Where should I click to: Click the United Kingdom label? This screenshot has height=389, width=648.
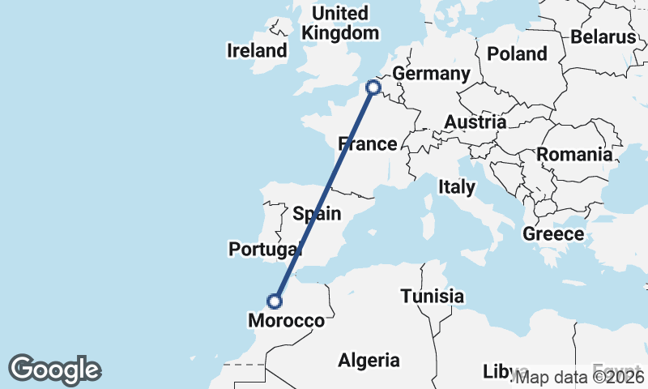(339, 24)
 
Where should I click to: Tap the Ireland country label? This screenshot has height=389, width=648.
(257, 51)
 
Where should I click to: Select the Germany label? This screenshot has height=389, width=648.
(431, 75)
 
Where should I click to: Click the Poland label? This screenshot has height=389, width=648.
(517, 54)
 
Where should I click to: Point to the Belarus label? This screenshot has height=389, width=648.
(603, 37)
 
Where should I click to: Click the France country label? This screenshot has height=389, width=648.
(368, 144)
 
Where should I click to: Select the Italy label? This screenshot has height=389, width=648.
(457, 187)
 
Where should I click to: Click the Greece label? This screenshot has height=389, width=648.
(553, 234)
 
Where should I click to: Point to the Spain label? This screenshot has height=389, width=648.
(317, 214)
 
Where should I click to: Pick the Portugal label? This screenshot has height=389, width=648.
(265, 250)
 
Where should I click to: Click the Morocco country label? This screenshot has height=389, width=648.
(286, 321)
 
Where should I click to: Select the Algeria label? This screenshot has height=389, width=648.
(369, 360)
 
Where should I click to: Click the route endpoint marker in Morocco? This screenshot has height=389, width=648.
(275, 301)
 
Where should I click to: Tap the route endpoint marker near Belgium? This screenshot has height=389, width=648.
(373, 87)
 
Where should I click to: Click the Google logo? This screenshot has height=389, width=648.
(54, 370)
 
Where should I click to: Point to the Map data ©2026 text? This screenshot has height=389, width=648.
(580, 377)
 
